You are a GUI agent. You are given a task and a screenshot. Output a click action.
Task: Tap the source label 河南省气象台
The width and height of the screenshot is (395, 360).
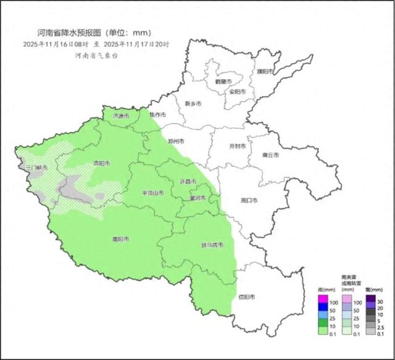pos(96,56)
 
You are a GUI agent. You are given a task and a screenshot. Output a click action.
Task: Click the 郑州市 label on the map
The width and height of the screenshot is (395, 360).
pos(177,141)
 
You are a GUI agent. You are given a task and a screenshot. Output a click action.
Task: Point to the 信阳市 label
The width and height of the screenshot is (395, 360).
pos(247,297)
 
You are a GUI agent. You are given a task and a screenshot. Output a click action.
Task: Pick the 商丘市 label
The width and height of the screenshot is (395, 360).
pos(270,155)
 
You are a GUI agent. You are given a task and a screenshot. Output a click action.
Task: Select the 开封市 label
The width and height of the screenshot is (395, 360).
pos(237,146)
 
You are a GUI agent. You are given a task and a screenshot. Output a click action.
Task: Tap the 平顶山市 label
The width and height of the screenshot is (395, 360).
pos(151,193)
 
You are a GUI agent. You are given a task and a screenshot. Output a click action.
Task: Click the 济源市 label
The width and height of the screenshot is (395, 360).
pos(121,116)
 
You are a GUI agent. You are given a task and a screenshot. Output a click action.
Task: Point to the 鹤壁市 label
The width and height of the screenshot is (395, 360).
pos(223,82)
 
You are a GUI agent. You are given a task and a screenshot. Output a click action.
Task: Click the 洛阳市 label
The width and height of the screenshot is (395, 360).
pos(101,164)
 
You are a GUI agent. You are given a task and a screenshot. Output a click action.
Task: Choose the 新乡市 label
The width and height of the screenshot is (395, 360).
pos(193,104)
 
